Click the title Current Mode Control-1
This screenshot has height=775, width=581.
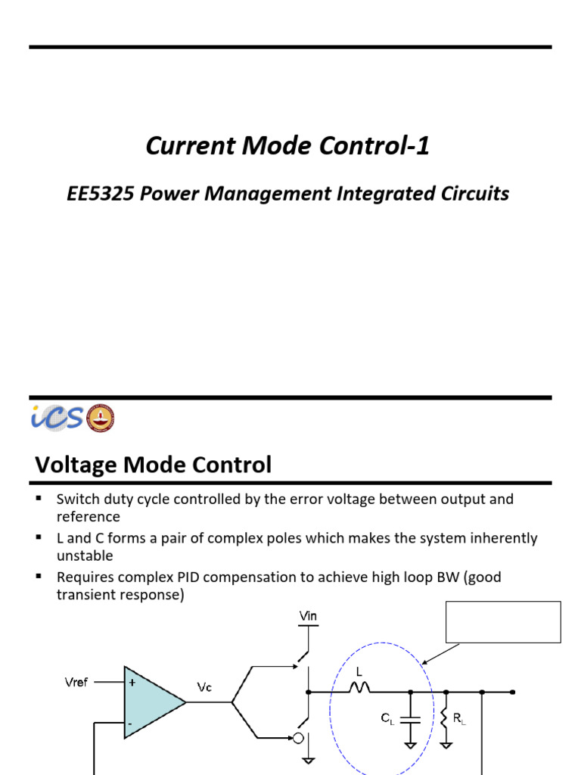pos(287,146)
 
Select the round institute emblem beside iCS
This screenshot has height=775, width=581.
pos(101,418)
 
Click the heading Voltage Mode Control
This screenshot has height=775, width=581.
pos(153,464)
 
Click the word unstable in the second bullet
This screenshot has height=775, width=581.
pos(85,556)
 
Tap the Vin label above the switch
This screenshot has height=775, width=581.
pos(308,617)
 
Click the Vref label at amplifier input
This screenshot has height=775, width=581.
pos(76,682)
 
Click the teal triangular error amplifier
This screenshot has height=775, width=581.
pos(151,702)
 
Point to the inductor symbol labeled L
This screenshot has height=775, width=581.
pos(358,687)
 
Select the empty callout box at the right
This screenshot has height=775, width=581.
pos(503,621)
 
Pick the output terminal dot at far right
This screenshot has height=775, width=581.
pos(513,692)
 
